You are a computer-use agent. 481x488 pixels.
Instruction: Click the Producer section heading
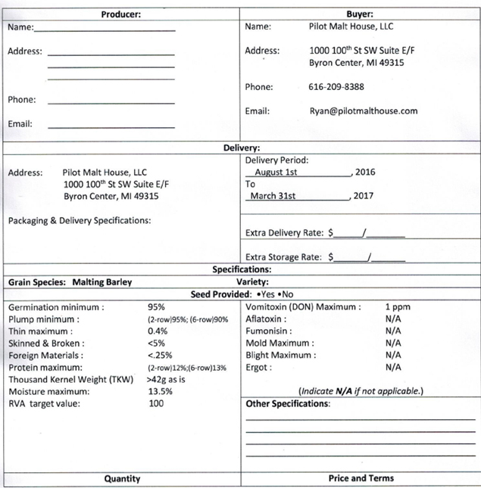click(x=121, y=14)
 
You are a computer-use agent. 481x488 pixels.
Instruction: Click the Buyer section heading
click(x=360, y=14)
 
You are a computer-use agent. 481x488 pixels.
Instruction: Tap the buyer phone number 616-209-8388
click(x=336, y=87)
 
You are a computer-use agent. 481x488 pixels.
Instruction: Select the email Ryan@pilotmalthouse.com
click(x=363, y=110)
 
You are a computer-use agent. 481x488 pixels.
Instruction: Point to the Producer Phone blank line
click(x=111, y=101)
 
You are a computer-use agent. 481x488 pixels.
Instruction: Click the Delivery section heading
click(x=241, y=148)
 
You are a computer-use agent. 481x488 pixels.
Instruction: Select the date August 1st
click(x=275, y=173)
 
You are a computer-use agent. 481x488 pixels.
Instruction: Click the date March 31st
click(x=273, y=196)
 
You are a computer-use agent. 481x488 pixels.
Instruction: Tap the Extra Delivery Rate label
click(x=286, y=233)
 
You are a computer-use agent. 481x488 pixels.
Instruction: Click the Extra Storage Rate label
click(x=286, y=257)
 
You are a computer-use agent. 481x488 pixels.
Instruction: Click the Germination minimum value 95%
click(x=157, y=307)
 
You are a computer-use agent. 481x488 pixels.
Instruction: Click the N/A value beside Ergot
click(x=392, y=367)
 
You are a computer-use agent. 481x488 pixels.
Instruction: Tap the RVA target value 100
click(x=156, y=403)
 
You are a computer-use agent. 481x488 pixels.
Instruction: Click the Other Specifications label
click(x=288, y=404)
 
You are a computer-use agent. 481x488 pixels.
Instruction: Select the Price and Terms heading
click(x=361, y=478)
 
